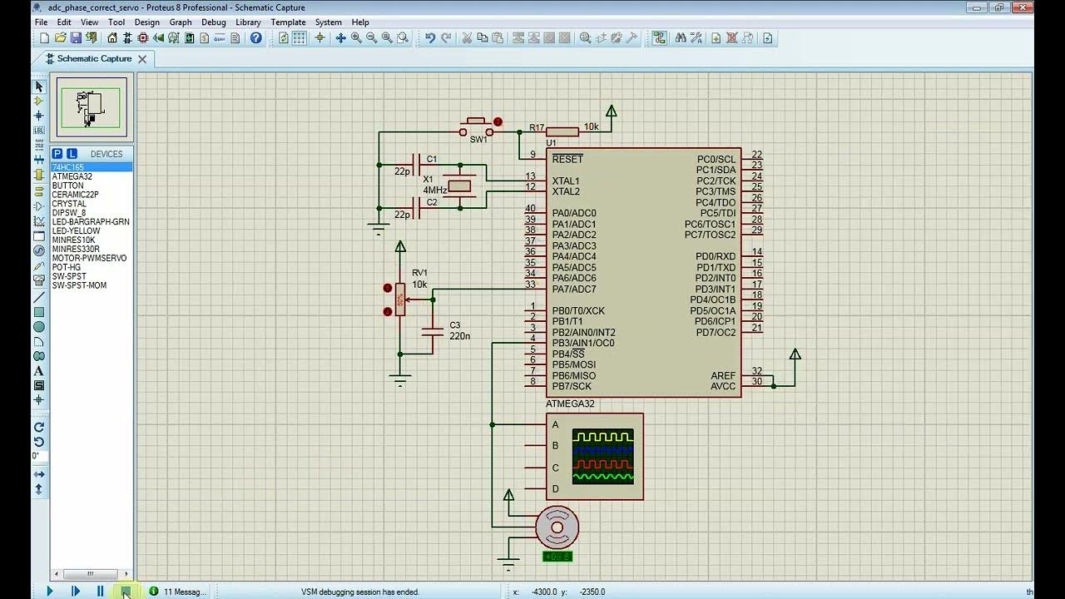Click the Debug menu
pos(213,22)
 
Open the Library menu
pos(248,22)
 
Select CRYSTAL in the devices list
pos(69,204)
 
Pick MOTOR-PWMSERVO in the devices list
pos(89,258)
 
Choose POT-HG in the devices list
pos(67,267)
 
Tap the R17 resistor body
pos(562,131)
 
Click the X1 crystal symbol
pos(460,186)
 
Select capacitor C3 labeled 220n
pos(433,330)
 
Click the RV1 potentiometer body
pos(400,299)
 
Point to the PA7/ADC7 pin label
pos(574,290)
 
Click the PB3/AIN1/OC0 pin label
pos(582,343)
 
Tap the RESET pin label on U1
pos(567,159)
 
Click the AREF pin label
pos(722,375)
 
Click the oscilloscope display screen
pos(603,456)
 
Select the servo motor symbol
pos(556,526)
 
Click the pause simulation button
pos(100,592)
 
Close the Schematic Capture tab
pos(142,59)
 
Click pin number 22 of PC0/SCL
pos(756,155)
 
